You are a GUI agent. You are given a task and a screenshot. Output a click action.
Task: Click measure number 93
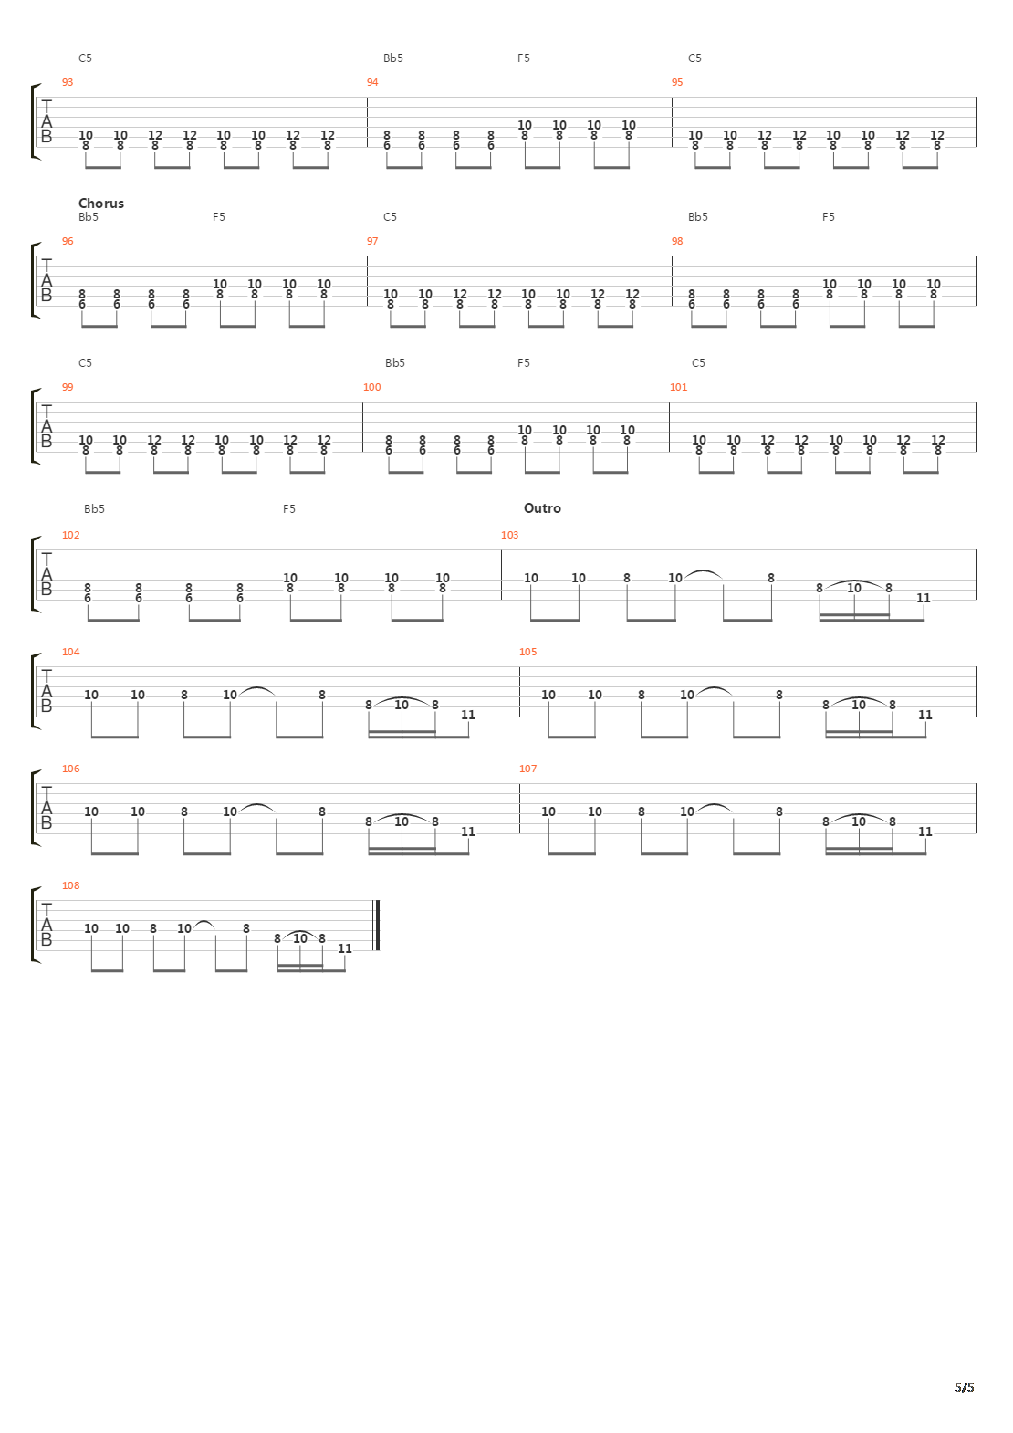(67, 82)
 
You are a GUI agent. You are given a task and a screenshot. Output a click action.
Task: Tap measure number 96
(67, 241)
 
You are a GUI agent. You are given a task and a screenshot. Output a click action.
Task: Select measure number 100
(371, 387)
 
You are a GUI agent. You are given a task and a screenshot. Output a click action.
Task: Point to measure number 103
(509, 535)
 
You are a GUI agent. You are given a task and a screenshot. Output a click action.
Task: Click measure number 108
(70, 885)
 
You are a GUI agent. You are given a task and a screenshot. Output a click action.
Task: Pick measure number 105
(527, 652)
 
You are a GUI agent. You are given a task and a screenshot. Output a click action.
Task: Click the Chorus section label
(100, 204)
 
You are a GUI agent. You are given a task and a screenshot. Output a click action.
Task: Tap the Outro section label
(542, 508)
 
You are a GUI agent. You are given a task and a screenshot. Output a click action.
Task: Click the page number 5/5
(965, 1388)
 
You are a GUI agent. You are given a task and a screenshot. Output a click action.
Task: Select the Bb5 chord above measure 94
(392, 58)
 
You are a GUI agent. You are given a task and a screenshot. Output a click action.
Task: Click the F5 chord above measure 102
(288, 509)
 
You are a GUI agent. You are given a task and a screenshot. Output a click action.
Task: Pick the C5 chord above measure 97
(390, 217)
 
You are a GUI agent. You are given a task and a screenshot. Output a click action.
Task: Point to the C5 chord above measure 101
(698, 363)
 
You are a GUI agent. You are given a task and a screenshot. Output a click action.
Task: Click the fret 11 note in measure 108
(344, 948)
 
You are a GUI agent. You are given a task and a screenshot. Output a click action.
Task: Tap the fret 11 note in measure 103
(923, 598)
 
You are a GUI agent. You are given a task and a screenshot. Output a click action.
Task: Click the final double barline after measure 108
(377, 926)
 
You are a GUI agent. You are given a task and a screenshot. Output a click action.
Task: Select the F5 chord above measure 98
(828, 217)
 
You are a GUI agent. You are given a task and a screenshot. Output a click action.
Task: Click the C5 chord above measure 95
(694, 58)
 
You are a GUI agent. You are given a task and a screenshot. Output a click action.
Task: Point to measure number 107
(527, 769)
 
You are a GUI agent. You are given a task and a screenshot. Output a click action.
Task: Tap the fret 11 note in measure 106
(467, 832)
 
